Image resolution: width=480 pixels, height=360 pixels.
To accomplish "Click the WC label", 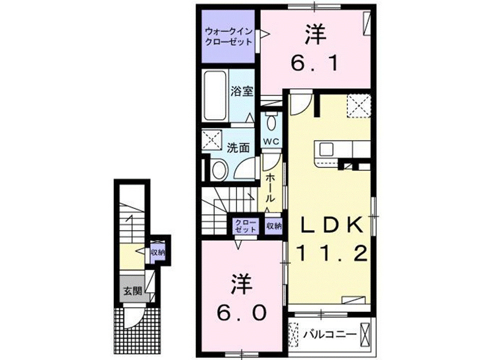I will point(271,141).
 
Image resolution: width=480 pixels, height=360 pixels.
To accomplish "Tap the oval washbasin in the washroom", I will point(218,169).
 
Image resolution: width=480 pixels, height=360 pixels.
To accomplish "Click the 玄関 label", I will point(132,290).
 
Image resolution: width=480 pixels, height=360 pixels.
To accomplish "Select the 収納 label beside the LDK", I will point(274,226).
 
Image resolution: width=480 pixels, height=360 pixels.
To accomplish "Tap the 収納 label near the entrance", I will point(158,252).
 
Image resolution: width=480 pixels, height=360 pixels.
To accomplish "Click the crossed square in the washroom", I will point(211,140).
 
